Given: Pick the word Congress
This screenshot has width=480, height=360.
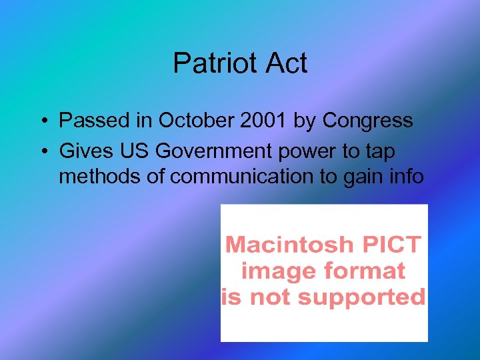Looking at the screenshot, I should click(x=367, y=121).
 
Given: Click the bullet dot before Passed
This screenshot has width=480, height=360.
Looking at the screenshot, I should click(x=42, y=121).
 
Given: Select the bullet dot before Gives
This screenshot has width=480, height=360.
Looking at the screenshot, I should click(x=42, y=152).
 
